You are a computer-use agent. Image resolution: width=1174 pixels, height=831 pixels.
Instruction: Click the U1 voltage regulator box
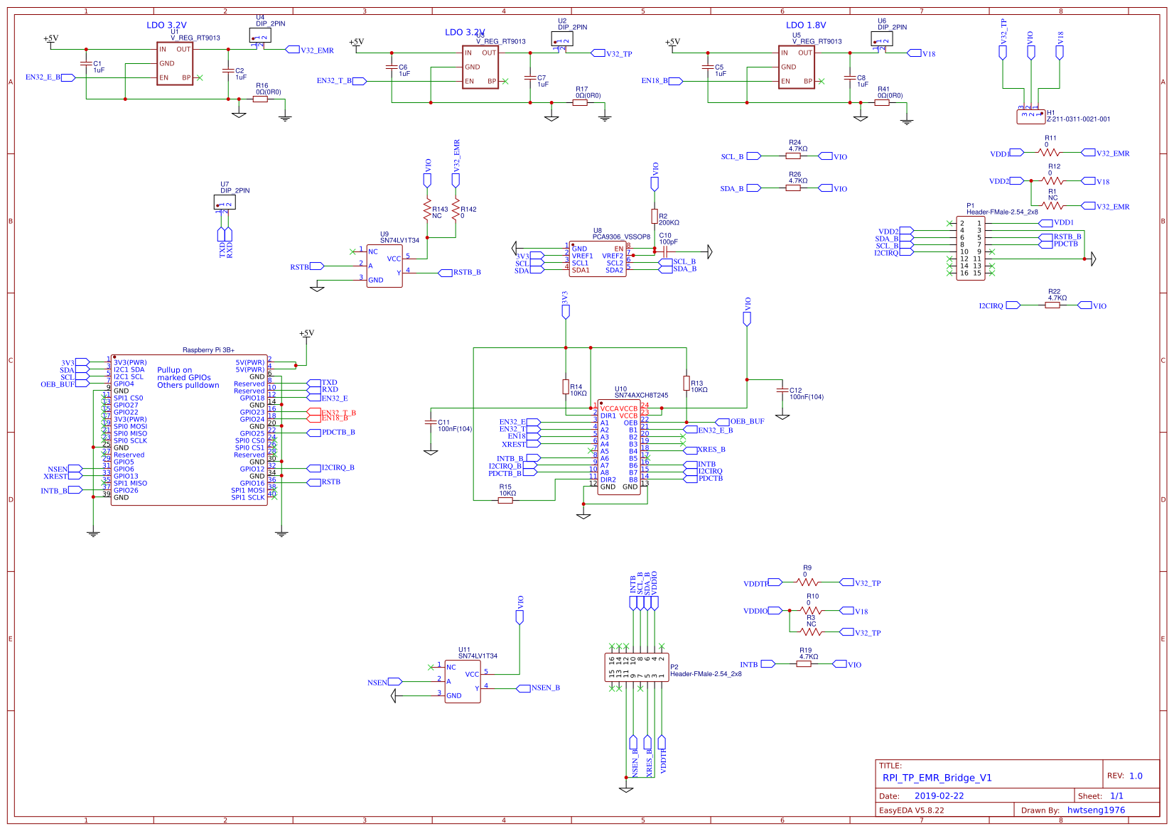(x=175, y=64)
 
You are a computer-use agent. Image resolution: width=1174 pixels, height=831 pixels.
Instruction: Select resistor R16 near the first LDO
(x=260, y=99)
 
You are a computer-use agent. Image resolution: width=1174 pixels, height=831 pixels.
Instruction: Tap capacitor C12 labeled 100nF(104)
(x=782, y=391)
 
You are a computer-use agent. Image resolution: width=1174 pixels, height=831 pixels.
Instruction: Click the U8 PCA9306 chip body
(x=597, y=259)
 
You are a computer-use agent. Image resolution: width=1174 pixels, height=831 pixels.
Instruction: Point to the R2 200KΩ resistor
(x=655, y=216)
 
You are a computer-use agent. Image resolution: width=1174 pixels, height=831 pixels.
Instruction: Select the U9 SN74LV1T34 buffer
(x=384, y=266)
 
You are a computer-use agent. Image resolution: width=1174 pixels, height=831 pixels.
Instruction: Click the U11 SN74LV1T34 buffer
(x=462, y=681)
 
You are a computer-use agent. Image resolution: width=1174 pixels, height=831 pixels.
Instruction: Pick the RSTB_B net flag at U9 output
(x=466, y=272)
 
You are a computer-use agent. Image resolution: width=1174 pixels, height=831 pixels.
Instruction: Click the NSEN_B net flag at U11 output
(x=544, y=688)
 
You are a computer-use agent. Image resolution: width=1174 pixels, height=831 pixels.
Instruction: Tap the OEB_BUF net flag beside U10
(x=746, y=421)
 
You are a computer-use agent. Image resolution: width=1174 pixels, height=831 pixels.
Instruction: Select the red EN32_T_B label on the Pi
(x=338, y=412)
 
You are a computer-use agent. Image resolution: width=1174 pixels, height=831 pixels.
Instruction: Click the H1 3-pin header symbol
(x=1030, y=116)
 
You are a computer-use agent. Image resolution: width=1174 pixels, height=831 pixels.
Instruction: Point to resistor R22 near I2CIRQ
(x=1056, y=305)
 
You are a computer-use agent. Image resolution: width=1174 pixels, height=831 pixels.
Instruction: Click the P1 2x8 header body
(x=970, y=249)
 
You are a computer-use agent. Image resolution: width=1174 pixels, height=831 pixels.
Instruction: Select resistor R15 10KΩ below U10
(x=505, y=500)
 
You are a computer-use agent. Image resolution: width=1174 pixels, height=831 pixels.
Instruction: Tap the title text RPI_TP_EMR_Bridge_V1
(x=937, y=777)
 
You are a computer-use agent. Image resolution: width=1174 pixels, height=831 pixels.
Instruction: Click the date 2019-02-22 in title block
(x=939, y=795)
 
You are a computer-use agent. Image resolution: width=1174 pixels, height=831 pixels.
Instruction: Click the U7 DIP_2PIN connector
(x=225, y=202)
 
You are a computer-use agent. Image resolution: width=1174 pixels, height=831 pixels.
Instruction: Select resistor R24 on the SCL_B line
(x=793, y=156)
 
